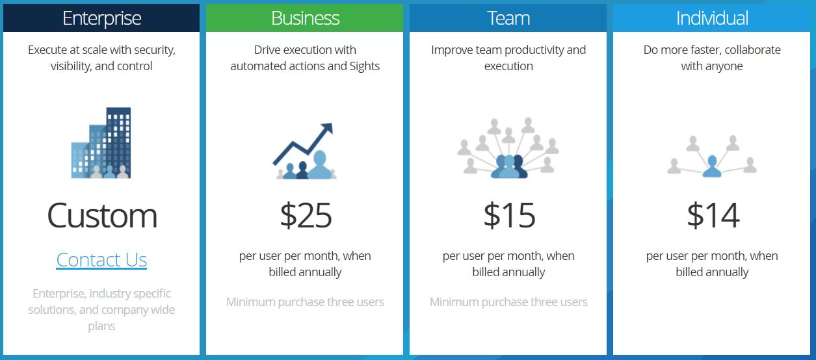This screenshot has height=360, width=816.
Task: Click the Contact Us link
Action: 101,260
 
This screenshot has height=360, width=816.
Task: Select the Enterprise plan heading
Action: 102,18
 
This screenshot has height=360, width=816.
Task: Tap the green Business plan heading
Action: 305,18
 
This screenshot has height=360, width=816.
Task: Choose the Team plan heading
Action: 508,18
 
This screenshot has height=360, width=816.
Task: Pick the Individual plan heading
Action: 712,18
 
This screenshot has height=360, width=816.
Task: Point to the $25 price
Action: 306,216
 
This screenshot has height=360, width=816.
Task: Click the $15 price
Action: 509,216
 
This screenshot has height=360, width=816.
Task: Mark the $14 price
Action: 713,216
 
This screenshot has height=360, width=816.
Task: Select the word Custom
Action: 102,216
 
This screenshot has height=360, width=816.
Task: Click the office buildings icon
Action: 101,143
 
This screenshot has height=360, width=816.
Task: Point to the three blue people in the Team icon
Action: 509,166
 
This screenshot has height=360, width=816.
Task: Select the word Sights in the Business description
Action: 363,66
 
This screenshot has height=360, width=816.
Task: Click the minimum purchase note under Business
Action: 305,302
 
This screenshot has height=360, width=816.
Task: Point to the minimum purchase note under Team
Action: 508,302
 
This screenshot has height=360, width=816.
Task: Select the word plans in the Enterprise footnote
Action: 101,326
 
